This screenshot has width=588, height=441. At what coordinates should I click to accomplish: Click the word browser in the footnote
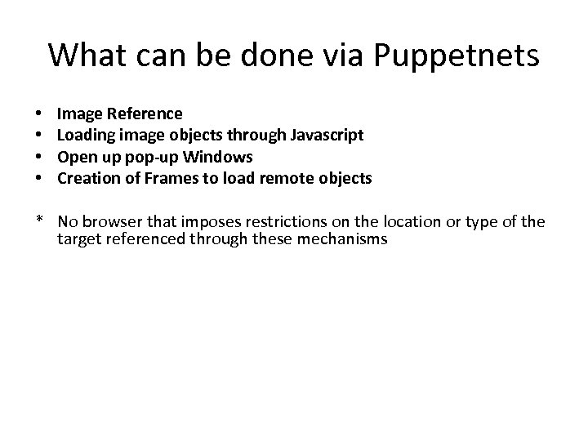click(x=113, y=221)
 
